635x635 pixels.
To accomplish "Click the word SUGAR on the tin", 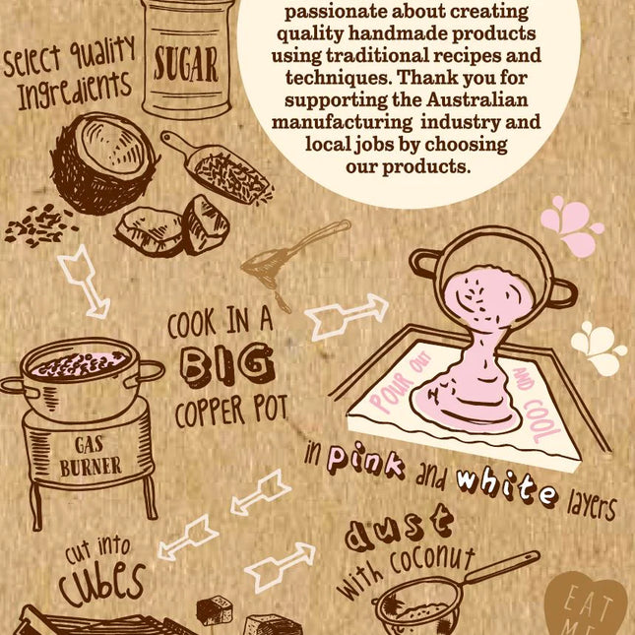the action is coord(186,64).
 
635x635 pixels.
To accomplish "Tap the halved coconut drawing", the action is coord(104,162).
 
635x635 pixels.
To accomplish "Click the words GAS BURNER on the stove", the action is coord(91,457).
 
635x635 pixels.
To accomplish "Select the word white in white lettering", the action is coord(507,488).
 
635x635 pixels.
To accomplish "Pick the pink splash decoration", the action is coord(571,225).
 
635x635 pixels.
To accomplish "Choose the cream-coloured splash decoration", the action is coord(598,348).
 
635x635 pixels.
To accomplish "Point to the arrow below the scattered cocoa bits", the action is coord(85,281).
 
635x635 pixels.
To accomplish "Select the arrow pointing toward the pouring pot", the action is coord(346,316).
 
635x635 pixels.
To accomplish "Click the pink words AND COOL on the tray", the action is coord(536,406).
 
